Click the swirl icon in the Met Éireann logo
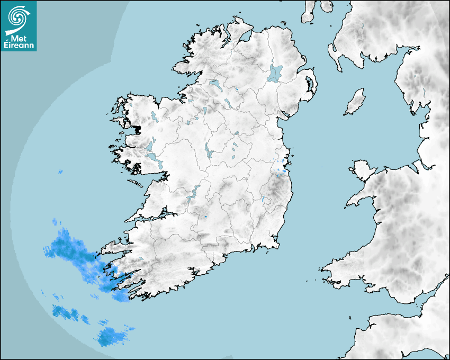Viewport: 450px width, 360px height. [x=18, y=18]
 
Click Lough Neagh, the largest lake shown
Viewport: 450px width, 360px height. [x=275, y=73]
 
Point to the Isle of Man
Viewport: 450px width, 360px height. [x=355, y=102]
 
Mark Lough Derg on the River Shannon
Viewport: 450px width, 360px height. [x=193, y=193]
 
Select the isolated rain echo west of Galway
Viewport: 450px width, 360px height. [x=60, y=172]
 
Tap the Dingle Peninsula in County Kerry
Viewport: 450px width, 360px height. [x=114, y=247]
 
